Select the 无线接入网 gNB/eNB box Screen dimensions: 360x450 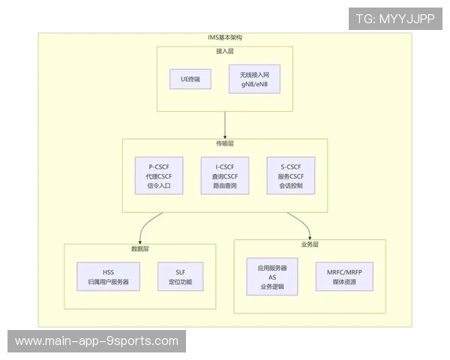253,79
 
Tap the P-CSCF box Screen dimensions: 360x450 159,175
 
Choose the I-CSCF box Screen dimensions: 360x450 225,175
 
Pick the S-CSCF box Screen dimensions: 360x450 290,175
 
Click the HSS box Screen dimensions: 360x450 108,277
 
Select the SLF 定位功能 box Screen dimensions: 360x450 180,277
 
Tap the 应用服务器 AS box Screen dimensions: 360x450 272,276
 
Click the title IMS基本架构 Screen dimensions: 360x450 225,37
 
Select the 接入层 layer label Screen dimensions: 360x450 225,51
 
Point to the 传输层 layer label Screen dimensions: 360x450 225,142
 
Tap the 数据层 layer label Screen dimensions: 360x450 140,248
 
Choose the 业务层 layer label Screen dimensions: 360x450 310,244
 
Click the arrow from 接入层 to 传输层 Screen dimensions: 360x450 225,124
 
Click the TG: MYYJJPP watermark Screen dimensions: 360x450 395,19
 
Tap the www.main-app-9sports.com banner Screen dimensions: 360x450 97,341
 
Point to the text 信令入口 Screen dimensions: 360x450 159,185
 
